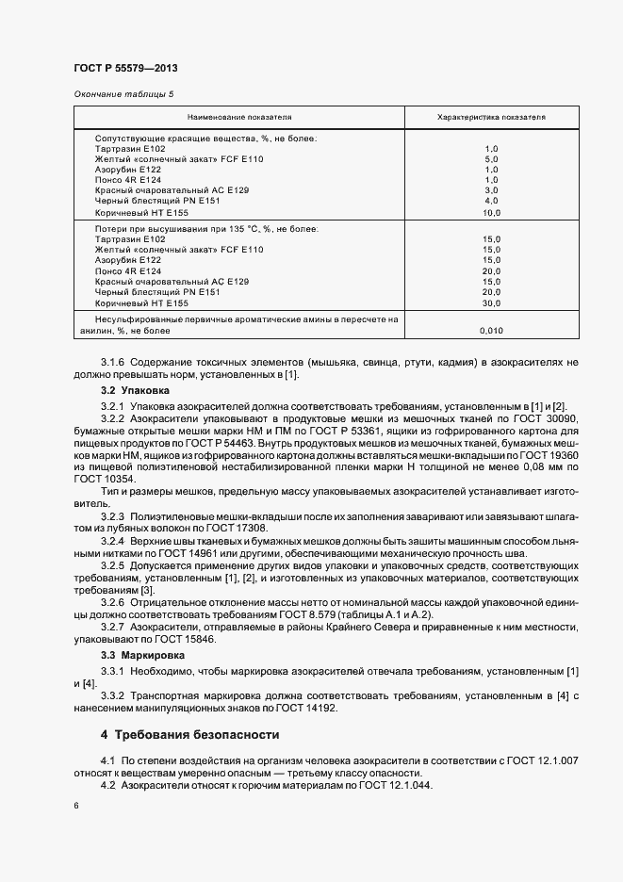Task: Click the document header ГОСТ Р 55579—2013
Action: [x=125, y=69]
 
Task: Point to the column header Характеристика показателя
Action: [x=491, y=118]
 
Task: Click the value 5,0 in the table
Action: [x=490, y=159]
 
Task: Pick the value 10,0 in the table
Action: [x=490, y=212]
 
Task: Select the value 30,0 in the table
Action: [x=490, y=303]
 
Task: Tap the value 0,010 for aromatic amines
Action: [x=490, y=332]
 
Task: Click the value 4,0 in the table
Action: [x=490, y=200]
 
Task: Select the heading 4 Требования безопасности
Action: [x=189, y=734]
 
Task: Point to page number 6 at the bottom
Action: [x=75, y=808]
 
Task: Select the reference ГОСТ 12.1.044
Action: [x=387, y=786]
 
